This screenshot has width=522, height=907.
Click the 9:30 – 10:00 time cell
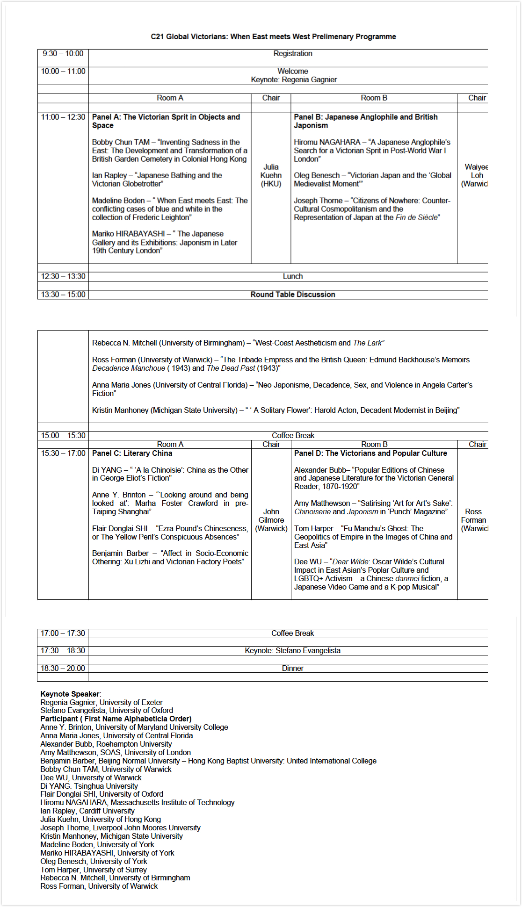pyautogui.click(x=63, y=54)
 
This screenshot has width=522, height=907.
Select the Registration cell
pyautogui.click(x=293, y=54)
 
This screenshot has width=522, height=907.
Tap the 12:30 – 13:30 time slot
pyautogui.click(x=63, y=276)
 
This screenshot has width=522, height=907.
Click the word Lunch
pyautogui.click(x=293, y=276)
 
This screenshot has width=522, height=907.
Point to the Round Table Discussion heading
pyautogui.click(x=293, y=295)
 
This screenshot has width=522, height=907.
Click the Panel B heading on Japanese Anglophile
pyautogui.click(x=366, y=121)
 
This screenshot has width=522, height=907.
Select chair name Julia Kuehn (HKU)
pyautogui.click(x=271, y=175)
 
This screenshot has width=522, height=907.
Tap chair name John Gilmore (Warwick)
pyautogui.click(x=271, y=520)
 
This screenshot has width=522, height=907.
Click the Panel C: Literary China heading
pyautogui.click(x=132, y=453)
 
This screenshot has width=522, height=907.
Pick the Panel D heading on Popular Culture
pyautogui.click(x=370, y=453)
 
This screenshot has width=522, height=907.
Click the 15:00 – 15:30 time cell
pyautogui.click(x=63, y=436)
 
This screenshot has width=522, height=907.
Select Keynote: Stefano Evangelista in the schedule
pyautogui.click(x=293, y=651)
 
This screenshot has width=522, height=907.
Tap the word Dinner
pyautogui.click(x=293, y=669)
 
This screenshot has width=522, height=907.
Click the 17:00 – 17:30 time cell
pyautogui.click(x=63, y=633)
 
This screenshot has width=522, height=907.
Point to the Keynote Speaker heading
pyautogui.click(x=70, y=694)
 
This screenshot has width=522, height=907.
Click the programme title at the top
pyautogui.click(x=273, y=36)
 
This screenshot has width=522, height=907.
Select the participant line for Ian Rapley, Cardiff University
pyautogui.click(x=87, y=811)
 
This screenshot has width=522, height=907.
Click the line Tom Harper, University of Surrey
pyautogui.click(x=94, y=870)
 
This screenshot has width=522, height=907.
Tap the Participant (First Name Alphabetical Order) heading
pyautogui.click(x=116, y=719)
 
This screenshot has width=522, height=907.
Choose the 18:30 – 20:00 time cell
pyautogui.click(x=63, y=669)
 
